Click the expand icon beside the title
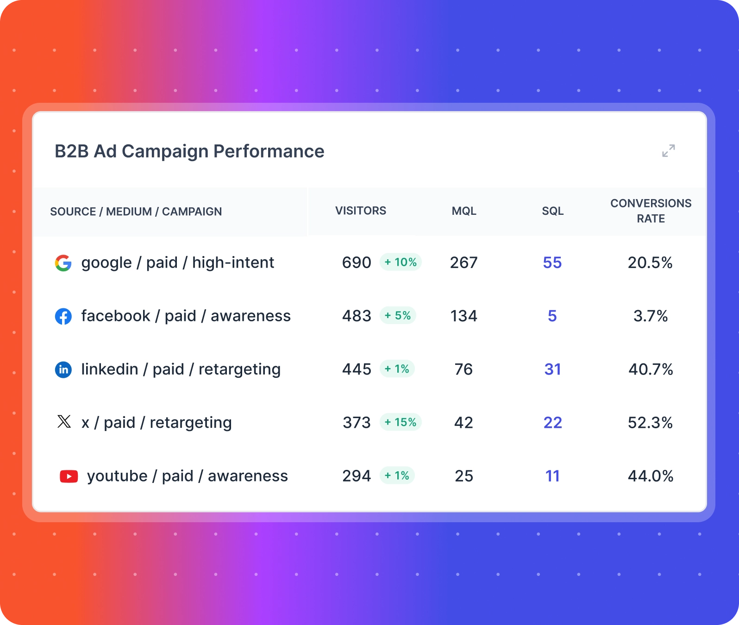tap(668, 150)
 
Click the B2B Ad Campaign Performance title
tap(189, 151)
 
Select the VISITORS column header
tap(360, 211)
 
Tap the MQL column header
tap(463, 211)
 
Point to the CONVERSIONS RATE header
tap(651, 211)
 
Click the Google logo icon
tap(63, 263)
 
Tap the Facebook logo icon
tap(63, 316)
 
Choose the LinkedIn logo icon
tap(63, 369)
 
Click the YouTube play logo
tap(69, 476)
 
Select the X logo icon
tap(64, 422)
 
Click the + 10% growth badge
tap(401, 262)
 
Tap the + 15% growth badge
tap(401, 422)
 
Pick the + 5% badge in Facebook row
tap(398, 316)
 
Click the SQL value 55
tap(552, 263)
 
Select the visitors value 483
tap(357, 316)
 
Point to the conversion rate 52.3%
tap(650, 423)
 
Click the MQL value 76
tap(463, 369)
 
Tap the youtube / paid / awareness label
tap(187, 476)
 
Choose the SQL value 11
tap(552, 476)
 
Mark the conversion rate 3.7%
tap(650, 316)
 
